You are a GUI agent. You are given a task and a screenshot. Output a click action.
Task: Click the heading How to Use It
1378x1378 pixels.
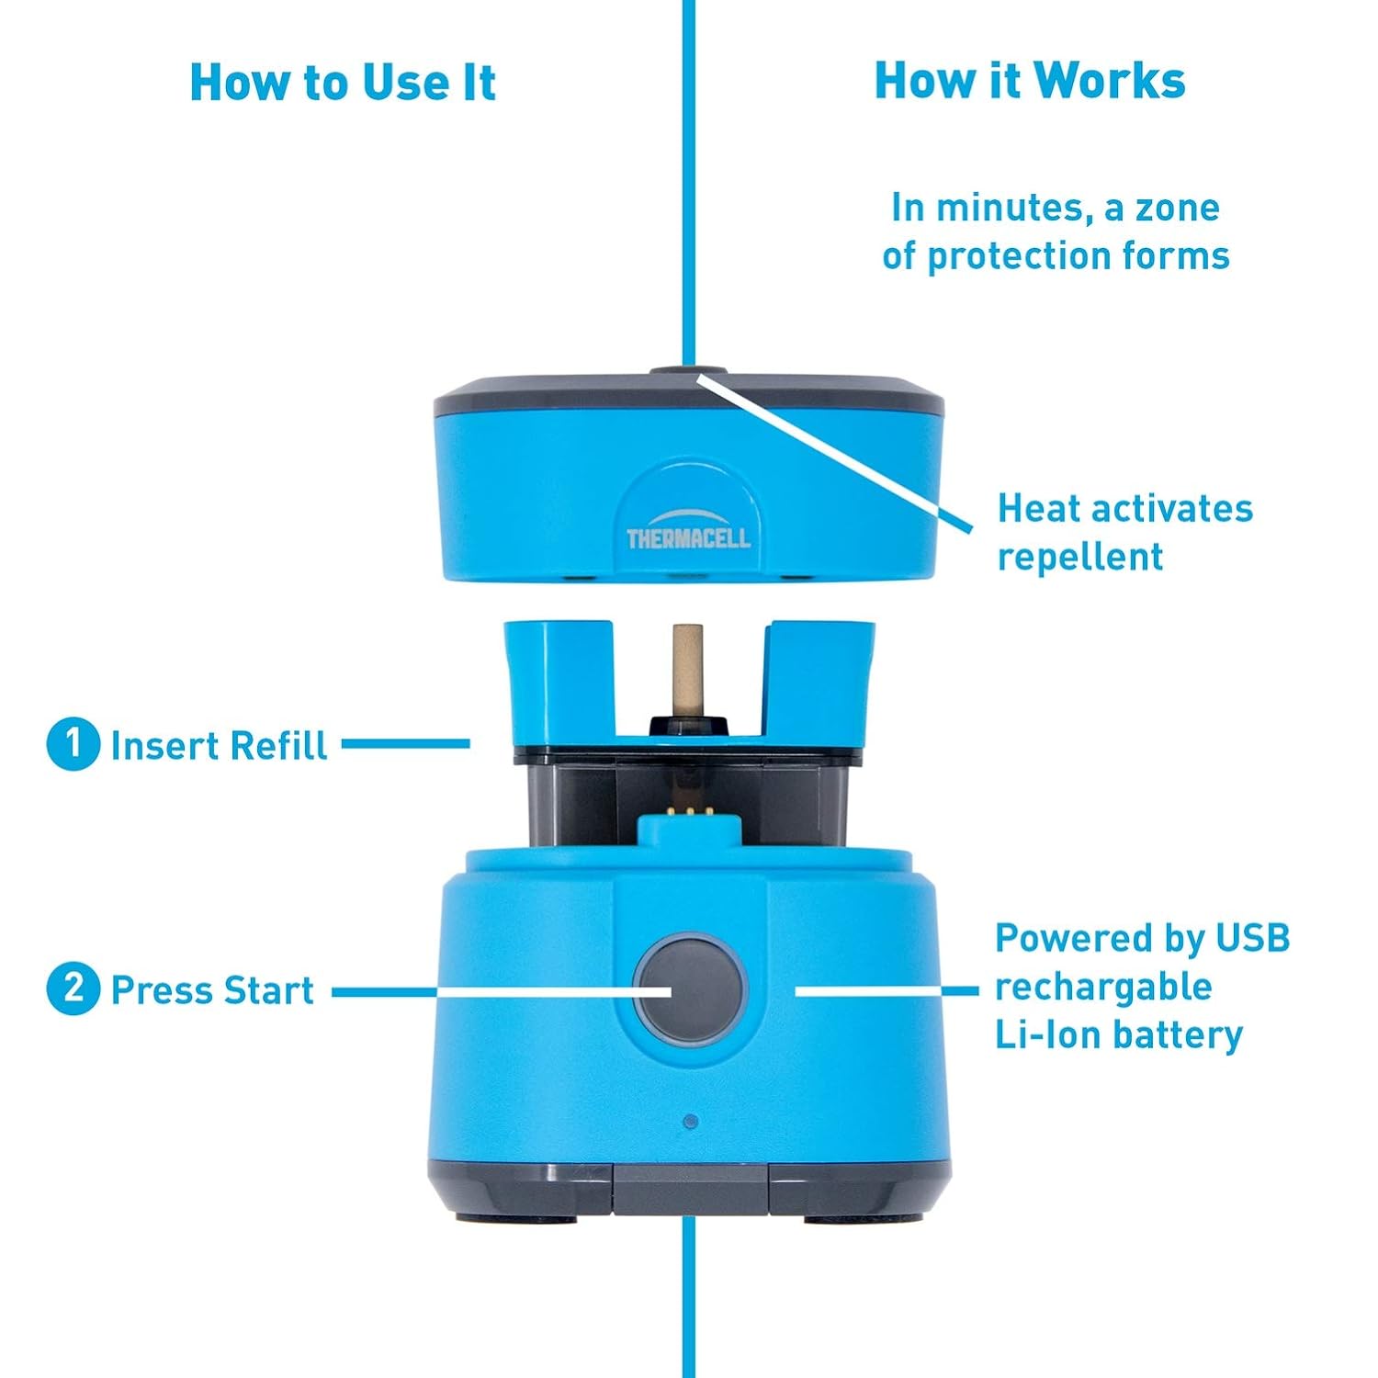(342, 83)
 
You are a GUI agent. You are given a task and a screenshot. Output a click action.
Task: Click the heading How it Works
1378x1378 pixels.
(1029, 81)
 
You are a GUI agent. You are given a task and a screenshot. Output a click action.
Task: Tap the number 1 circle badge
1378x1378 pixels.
(73, 744)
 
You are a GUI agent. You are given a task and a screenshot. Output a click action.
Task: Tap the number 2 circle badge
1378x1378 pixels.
(73, 989)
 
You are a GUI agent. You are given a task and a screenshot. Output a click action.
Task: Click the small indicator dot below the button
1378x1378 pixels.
(691, 1122)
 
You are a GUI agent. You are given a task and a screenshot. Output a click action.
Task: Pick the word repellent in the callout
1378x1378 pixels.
(1080, 557)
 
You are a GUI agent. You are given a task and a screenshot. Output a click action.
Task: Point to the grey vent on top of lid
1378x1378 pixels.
(689, 374)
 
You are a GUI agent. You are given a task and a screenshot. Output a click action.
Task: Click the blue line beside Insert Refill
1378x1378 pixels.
(405, 743)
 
